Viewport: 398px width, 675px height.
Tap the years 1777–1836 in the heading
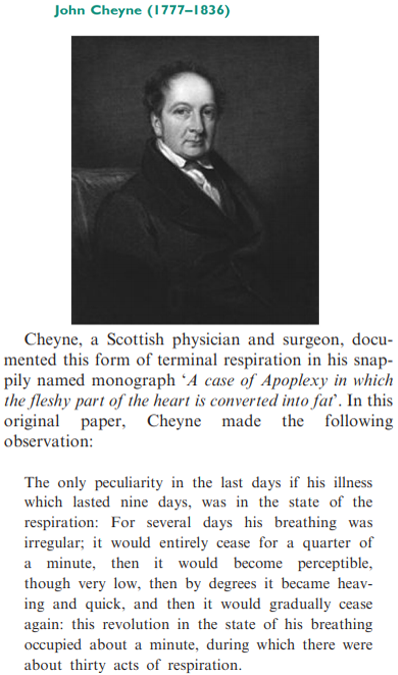190,12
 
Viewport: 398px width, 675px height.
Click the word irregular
54,543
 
